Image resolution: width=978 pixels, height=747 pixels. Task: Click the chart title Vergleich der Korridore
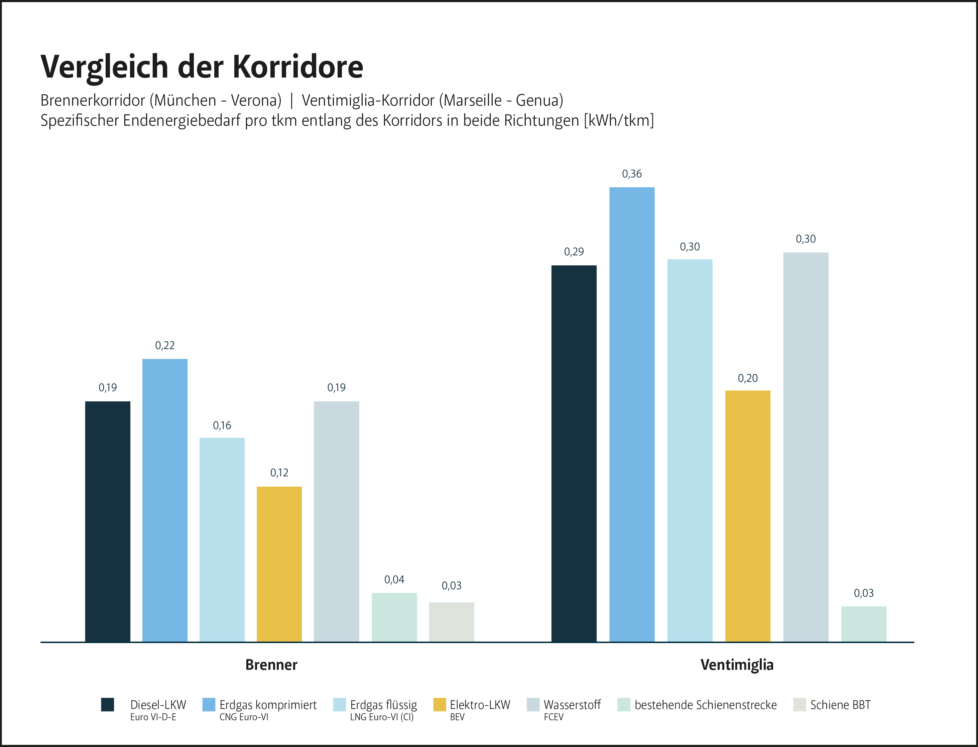[x=202, y=67]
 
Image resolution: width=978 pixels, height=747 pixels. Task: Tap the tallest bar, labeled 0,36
[x=632, y=413]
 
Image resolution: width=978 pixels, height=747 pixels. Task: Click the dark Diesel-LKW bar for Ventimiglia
[x=574, y=454]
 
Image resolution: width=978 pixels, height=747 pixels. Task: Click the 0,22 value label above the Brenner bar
[x=164, y=346]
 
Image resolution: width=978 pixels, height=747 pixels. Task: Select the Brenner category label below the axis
[x=271, y=665]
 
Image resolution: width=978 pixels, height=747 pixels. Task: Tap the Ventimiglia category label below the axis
[x=737, y=665]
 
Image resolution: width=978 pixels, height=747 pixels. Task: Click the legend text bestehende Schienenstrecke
[x=706, y=705]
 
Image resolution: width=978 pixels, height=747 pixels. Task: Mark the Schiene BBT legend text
[x=840, y=705]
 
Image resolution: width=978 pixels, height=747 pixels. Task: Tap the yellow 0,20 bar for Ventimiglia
[x=748, y=516]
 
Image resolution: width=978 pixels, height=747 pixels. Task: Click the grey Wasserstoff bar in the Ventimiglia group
[x=806, y=447]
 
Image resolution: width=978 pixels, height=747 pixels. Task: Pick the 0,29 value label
[x=574, y=252]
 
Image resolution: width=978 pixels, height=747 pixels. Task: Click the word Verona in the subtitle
[x=256, y=101]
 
